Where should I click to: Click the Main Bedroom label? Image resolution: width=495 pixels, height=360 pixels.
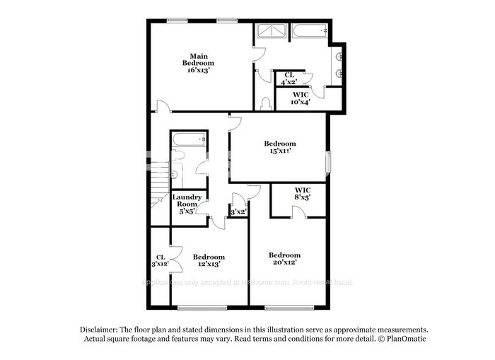197,59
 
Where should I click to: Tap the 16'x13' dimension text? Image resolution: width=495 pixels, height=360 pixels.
197,70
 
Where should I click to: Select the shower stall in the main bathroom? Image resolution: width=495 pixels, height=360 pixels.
269,33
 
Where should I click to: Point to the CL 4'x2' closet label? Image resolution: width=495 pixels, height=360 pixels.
289,78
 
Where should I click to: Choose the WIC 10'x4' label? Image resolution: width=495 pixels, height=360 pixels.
300,98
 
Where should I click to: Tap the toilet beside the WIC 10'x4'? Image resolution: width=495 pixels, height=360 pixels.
265,104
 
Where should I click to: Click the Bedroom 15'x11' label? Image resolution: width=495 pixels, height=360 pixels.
280,147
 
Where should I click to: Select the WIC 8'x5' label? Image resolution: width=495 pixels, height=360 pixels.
303,193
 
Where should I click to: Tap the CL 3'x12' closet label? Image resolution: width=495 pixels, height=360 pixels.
160,260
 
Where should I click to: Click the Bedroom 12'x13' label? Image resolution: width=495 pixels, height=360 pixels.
209,260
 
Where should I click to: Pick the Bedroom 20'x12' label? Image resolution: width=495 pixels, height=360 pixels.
284,258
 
